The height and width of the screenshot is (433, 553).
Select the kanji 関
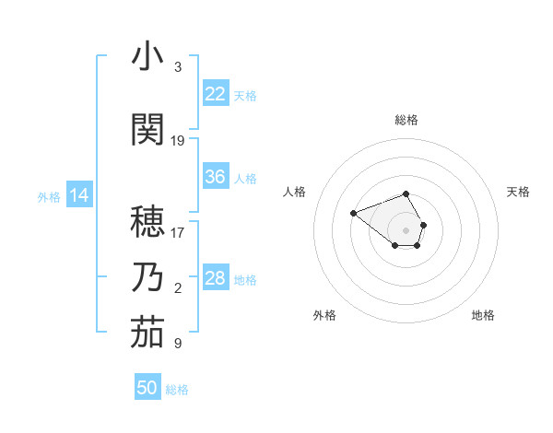tap(147, 129)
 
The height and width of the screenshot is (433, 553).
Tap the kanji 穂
tap(147, 220)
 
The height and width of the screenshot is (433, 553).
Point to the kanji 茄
tap(147, 333)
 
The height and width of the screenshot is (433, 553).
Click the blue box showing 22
tap(216, 94)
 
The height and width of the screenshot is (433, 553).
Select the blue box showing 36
tap(216, 177)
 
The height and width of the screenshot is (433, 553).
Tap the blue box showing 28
tap(216, 278)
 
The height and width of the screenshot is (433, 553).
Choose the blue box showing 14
tap(79, 195)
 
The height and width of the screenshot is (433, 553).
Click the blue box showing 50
tap(147, 388)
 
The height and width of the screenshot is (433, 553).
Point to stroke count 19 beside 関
tap(178, 141)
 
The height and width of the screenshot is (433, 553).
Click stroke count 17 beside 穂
tap(178, 232)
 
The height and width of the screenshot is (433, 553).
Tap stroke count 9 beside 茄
tap(178, 344)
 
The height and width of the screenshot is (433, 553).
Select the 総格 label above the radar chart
tap(406, 120)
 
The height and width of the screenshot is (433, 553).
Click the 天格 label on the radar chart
tap(519, 192)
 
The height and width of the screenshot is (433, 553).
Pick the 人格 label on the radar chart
tap(294, 192)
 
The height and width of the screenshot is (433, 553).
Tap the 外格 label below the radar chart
tap(324, 315)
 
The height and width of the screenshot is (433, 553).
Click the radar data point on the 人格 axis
tap(353, 214)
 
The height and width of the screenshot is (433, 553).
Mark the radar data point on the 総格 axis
tap(406, 193)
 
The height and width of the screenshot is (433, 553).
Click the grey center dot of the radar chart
tap(406, 230)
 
